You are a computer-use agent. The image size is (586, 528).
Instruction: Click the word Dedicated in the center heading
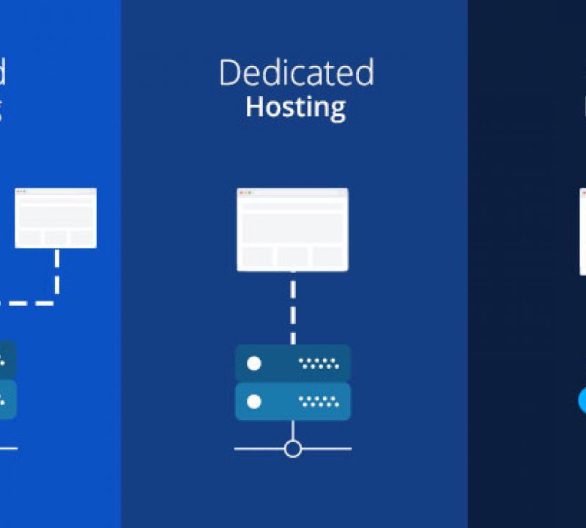click(x=296, y=73)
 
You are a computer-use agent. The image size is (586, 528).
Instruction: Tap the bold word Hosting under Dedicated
click(x=295, y=107)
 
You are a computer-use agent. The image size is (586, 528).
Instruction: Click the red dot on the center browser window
click(x=240, y=192)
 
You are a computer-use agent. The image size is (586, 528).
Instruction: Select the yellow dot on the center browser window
click(x=245, y=192)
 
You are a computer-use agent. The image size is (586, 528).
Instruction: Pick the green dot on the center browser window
click(x=249, y=192)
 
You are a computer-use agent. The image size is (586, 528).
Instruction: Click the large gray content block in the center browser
click(x=292, y=227)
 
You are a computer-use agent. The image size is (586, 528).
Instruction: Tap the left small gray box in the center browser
click(x=258, y=257)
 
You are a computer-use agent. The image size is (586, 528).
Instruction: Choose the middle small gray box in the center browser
click(x=292, y=257)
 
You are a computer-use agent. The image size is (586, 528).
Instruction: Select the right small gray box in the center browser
click(x=327, y=257)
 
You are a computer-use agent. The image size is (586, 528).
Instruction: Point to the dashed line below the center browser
click(x=293, y=308)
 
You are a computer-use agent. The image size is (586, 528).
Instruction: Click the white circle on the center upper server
click(x=254, y=363)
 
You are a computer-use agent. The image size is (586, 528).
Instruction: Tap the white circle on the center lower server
click(x=254, y=401)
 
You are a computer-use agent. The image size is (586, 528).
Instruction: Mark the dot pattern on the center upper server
click(x=319, y=363)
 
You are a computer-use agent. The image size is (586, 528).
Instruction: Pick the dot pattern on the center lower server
click(x=319, y=401)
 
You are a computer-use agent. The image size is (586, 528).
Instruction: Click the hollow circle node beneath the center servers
click(x=293, y=449)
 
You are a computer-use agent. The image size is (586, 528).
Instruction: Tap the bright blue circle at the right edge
click(x=582, y=401)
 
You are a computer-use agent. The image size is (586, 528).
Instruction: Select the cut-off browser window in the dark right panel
click(x=583, y=231)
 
